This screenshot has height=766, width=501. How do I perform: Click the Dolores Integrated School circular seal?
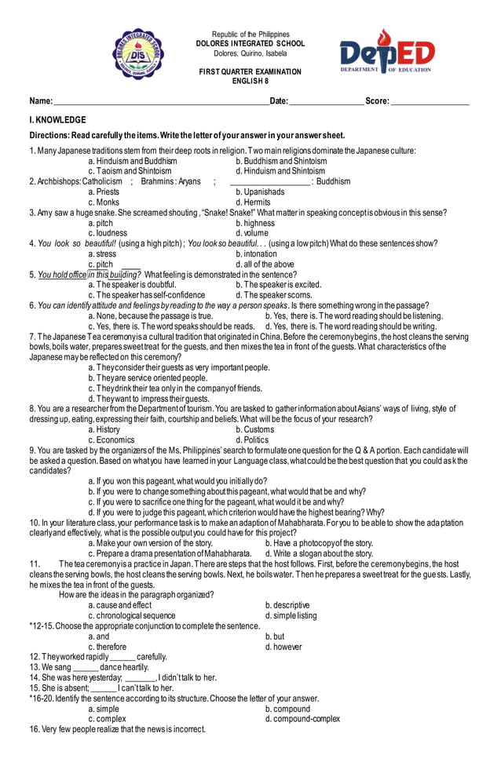click(138, 54)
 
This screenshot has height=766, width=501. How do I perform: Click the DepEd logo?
click(386, 53)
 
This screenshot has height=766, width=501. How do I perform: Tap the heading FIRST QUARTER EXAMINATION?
click(250, 72)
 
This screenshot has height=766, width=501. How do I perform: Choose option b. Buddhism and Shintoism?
click(281, 161)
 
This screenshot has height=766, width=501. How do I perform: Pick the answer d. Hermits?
click(253, 202)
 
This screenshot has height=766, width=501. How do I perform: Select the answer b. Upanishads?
click(260, 191)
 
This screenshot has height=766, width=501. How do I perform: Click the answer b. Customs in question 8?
click(255, 430)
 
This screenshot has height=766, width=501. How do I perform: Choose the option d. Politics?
click(252, 440)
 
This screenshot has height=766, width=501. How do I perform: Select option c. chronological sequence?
click(132, 615)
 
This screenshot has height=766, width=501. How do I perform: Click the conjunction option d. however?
click(283, 647)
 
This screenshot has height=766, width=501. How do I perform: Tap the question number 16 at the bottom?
click(35, 729)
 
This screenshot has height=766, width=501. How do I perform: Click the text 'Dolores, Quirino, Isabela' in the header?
click(250, 53)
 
